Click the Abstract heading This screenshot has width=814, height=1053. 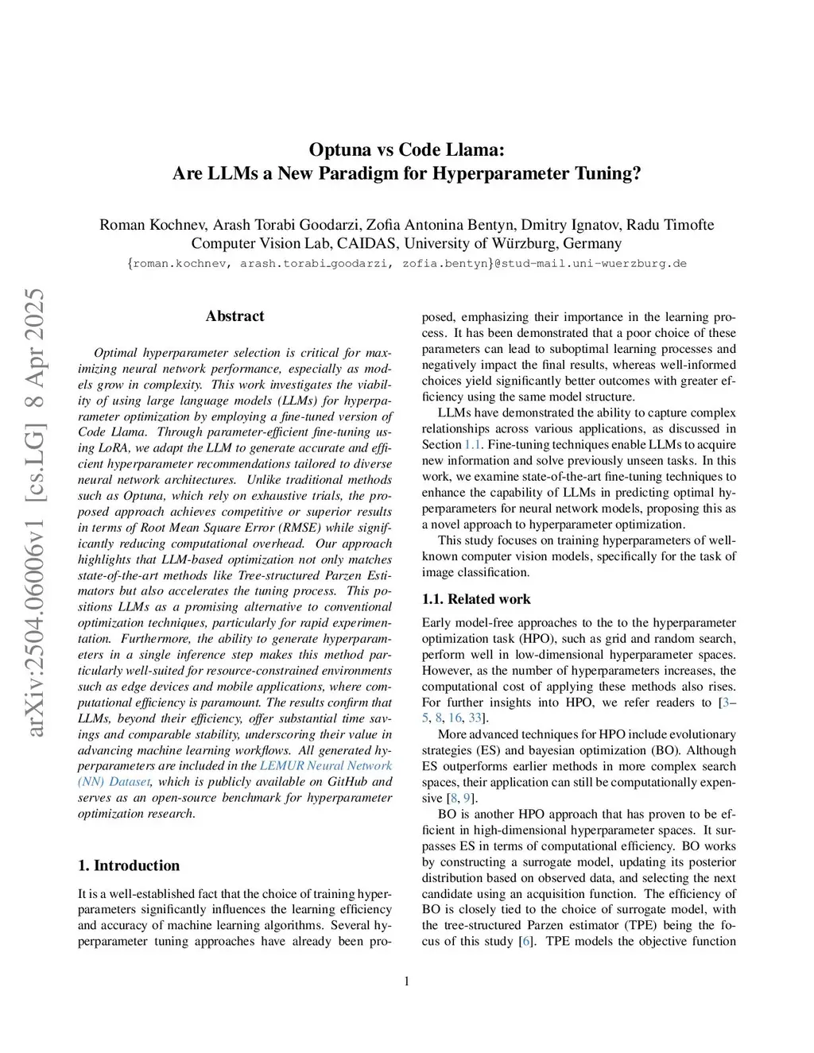click(x=235, y=316)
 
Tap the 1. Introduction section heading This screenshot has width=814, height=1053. click(x=129, y=865)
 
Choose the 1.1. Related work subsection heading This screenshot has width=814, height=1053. click(x=476, y=599)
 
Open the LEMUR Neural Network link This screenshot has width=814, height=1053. click(x=326, y=766)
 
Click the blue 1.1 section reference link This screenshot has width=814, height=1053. click(x=472, y=445)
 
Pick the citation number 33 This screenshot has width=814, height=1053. click(x=475, y=718)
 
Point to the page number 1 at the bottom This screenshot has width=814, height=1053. click(x=407, y=981)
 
